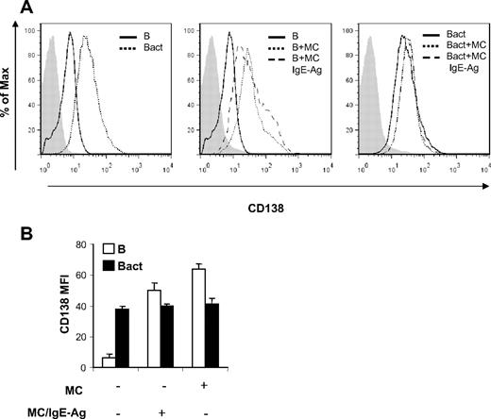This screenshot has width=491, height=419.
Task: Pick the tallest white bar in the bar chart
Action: tap(225, 318)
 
